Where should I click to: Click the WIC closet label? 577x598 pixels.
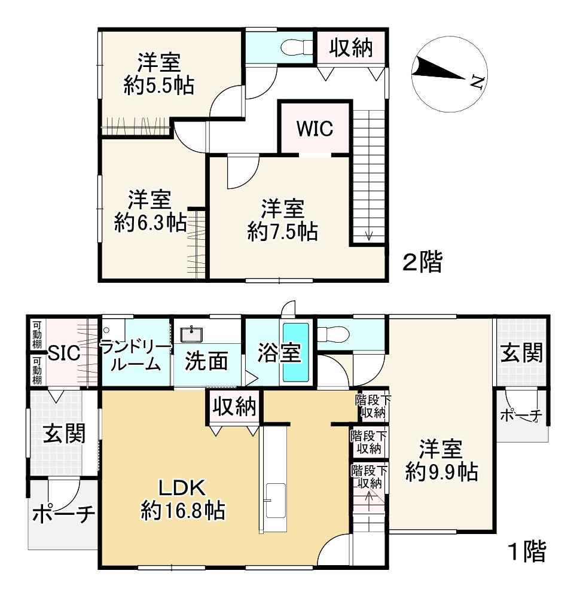(315, 128)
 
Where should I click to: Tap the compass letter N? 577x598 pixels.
(477, 82)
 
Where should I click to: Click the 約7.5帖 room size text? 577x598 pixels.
(282, 231)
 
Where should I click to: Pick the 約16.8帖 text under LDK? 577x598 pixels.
(182, 510)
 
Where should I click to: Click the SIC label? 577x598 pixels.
(64, 353)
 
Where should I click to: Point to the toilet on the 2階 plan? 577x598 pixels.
(295, 46)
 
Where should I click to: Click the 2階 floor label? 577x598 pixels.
(422, 262)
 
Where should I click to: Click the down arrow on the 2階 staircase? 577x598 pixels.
(368, 235)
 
